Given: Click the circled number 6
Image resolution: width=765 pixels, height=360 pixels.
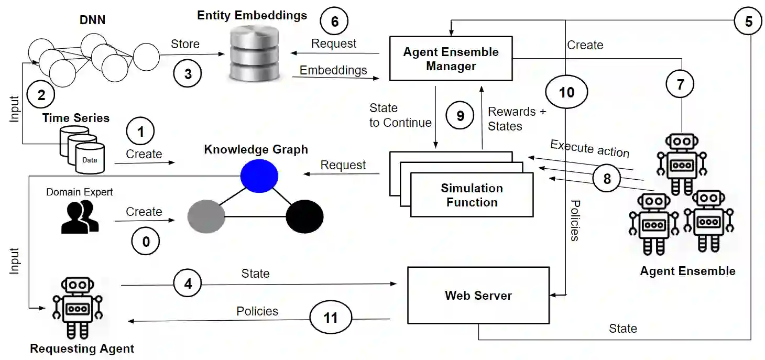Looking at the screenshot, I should pyautogui.click(x=334, y=21).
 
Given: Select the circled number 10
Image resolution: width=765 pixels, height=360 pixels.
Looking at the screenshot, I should pyautogui.click(x=566, y=93).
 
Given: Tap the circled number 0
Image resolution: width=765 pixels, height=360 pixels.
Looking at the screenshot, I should pyautogui.click(x=146, y=241).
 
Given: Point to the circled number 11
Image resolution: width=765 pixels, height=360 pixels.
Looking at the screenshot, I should pyautogui.click(x=331, y=318).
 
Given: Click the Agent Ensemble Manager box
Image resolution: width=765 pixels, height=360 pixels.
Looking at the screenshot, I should pyautogui.click(x=451, y=59).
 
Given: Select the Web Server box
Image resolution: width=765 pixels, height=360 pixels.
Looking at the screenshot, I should pyautogui.click(x=478, y=296).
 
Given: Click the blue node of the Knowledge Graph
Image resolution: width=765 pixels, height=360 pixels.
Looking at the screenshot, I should pyautogui.click(x=259, y=175).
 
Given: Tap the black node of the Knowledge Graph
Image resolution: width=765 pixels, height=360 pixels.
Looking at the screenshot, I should pyautogui.click(x=304, y=216).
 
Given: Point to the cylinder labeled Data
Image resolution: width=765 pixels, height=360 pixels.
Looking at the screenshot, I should pyautogui.click(x=89, y=158).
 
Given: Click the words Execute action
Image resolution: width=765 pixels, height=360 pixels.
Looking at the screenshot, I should pyautogui.click(x=589, y=148).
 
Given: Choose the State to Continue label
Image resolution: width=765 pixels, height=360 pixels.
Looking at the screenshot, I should pyautogui.click(x=400, y=115).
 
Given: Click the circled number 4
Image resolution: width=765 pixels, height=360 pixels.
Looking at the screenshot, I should pyautogui.click(x=188, y=283).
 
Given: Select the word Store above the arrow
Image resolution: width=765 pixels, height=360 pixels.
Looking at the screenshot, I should pyautogui.click(x=185, y=43).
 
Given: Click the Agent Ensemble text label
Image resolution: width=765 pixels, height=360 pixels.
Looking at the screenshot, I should pyautogui.click(x=687, y=271).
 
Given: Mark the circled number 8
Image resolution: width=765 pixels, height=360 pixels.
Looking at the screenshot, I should pyautogui.click(x=607, y=179).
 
